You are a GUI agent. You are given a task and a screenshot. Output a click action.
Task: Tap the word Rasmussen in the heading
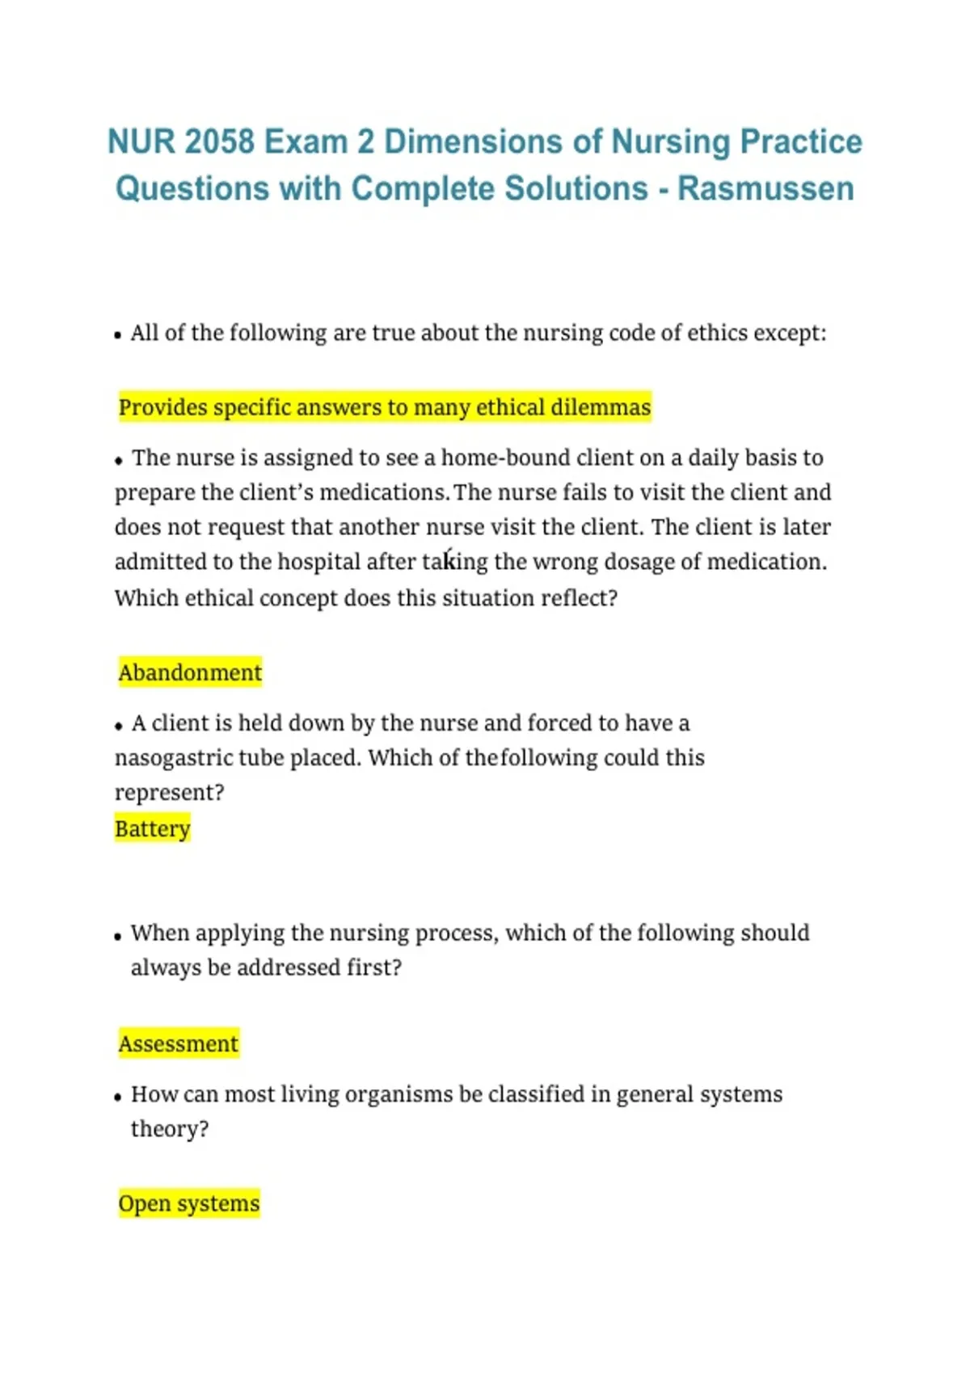[765, 188]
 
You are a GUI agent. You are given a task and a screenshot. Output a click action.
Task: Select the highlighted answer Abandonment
[190, 672]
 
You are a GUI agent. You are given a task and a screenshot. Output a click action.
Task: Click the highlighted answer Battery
[153, 828]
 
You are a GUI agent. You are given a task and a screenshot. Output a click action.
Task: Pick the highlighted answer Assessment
[179, 1043]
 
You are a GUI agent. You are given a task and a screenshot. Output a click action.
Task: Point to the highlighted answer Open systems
[189, 1203]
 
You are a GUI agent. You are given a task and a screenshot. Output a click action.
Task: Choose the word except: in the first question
[790, 333]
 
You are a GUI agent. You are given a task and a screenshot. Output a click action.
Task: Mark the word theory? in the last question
[170, 1129]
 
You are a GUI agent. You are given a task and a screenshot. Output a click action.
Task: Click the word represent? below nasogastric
[170, 793]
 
